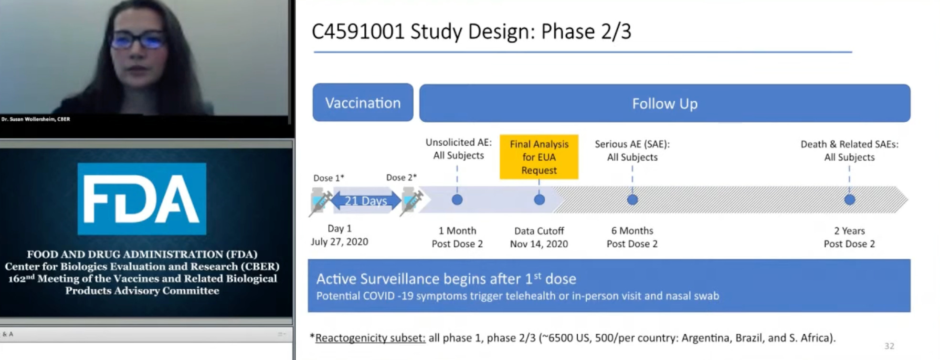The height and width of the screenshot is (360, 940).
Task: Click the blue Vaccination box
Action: click(363, 103)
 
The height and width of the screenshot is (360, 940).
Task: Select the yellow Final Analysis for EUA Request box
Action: click(539, 157)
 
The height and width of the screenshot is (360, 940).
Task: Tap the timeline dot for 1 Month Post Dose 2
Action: click(457, 200)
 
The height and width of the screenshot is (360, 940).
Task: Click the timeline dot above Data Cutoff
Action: click(539, 200)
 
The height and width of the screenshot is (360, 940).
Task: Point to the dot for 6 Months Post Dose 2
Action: click(633, 200)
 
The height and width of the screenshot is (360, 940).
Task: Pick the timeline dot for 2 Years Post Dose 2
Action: click(849, 200)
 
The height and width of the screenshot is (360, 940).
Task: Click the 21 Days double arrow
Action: click(366, 201)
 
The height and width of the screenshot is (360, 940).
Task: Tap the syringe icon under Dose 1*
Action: click(321, 201)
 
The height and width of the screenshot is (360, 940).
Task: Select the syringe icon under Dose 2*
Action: click(411, 201)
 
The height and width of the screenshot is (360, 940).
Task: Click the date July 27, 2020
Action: click(339, 242)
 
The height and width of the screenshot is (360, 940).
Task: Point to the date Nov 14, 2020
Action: click(539, 244)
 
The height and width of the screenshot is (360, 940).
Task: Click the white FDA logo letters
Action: click(141, 199)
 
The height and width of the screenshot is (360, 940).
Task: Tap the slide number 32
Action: click(889, 346)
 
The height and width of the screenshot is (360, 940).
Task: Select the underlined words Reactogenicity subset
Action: click(370, 338)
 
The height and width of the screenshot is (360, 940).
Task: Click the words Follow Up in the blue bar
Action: click(665, 104)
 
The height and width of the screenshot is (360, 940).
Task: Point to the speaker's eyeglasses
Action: click(138, 39)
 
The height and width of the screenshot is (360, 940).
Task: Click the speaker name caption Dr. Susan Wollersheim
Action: click(36, 119)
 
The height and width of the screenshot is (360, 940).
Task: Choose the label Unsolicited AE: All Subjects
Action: click(458, 148)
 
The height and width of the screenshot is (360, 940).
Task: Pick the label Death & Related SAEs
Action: click(849, 144)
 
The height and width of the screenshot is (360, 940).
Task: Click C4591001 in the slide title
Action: click(358, 32)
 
